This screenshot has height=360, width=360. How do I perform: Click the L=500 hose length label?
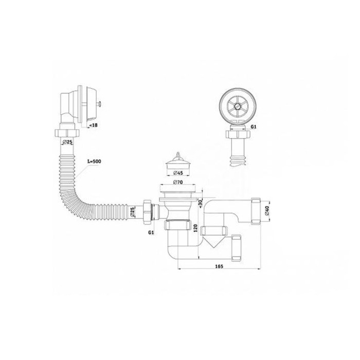pos(94,161)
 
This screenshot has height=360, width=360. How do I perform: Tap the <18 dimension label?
pos(93,125)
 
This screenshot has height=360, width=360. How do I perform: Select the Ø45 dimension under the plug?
pos(178,172)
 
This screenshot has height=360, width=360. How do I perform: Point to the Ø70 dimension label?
pos(178,182)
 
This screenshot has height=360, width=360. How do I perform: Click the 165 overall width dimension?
pos(219,266)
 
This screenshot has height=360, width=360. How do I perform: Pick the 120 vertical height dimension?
pos(195,228)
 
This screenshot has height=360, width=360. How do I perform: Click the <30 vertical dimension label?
pos(200,203)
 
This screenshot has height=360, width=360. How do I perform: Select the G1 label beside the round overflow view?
pos(253,127)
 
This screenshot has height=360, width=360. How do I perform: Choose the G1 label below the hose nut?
pos(151,232)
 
